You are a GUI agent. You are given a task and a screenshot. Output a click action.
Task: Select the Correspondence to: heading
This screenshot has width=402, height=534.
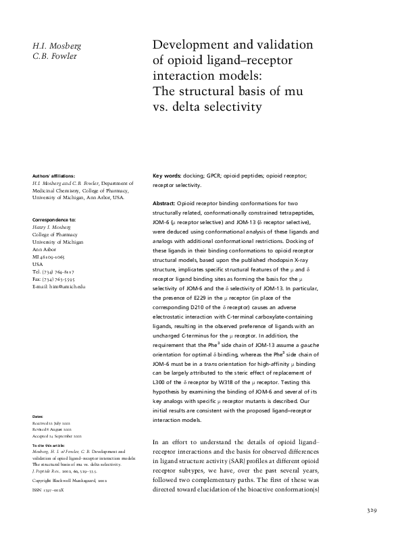[x=54, y=220]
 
